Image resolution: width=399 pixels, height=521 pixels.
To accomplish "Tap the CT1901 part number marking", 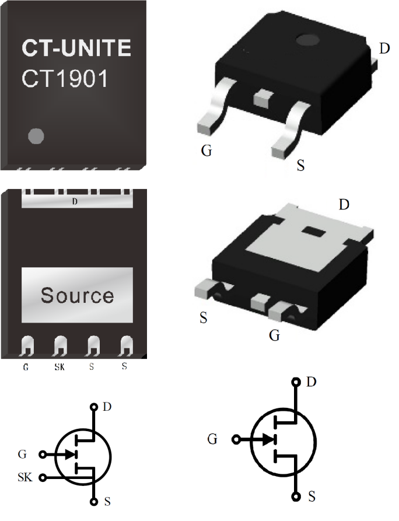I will [65, 79].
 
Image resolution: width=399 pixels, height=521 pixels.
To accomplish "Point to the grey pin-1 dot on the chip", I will [36, 136].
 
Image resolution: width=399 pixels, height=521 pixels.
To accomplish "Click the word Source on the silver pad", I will [77, 295].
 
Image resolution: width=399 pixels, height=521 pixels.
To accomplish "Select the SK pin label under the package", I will [59, 367].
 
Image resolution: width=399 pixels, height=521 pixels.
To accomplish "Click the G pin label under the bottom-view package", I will [26, 367].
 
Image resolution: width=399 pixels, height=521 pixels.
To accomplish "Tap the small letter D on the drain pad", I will [74, 202].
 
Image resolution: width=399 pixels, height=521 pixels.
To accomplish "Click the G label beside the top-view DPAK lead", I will [206, 151].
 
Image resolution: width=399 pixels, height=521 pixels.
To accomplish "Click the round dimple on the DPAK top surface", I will [309, 40].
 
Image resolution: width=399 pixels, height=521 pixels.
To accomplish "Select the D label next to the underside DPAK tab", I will [344, 205].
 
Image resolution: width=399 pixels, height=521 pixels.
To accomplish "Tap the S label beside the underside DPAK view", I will [204, 319].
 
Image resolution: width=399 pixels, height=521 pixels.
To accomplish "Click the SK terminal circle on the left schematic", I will [43, 478].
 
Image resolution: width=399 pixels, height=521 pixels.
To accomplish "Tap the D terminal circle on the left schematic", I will [93, 407].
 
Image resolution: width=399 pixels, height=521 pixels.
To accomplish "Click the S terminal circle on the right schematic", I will [296, 497].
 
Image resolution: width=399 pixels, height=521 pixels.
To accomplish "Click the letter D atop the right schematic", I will [311, 382].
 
